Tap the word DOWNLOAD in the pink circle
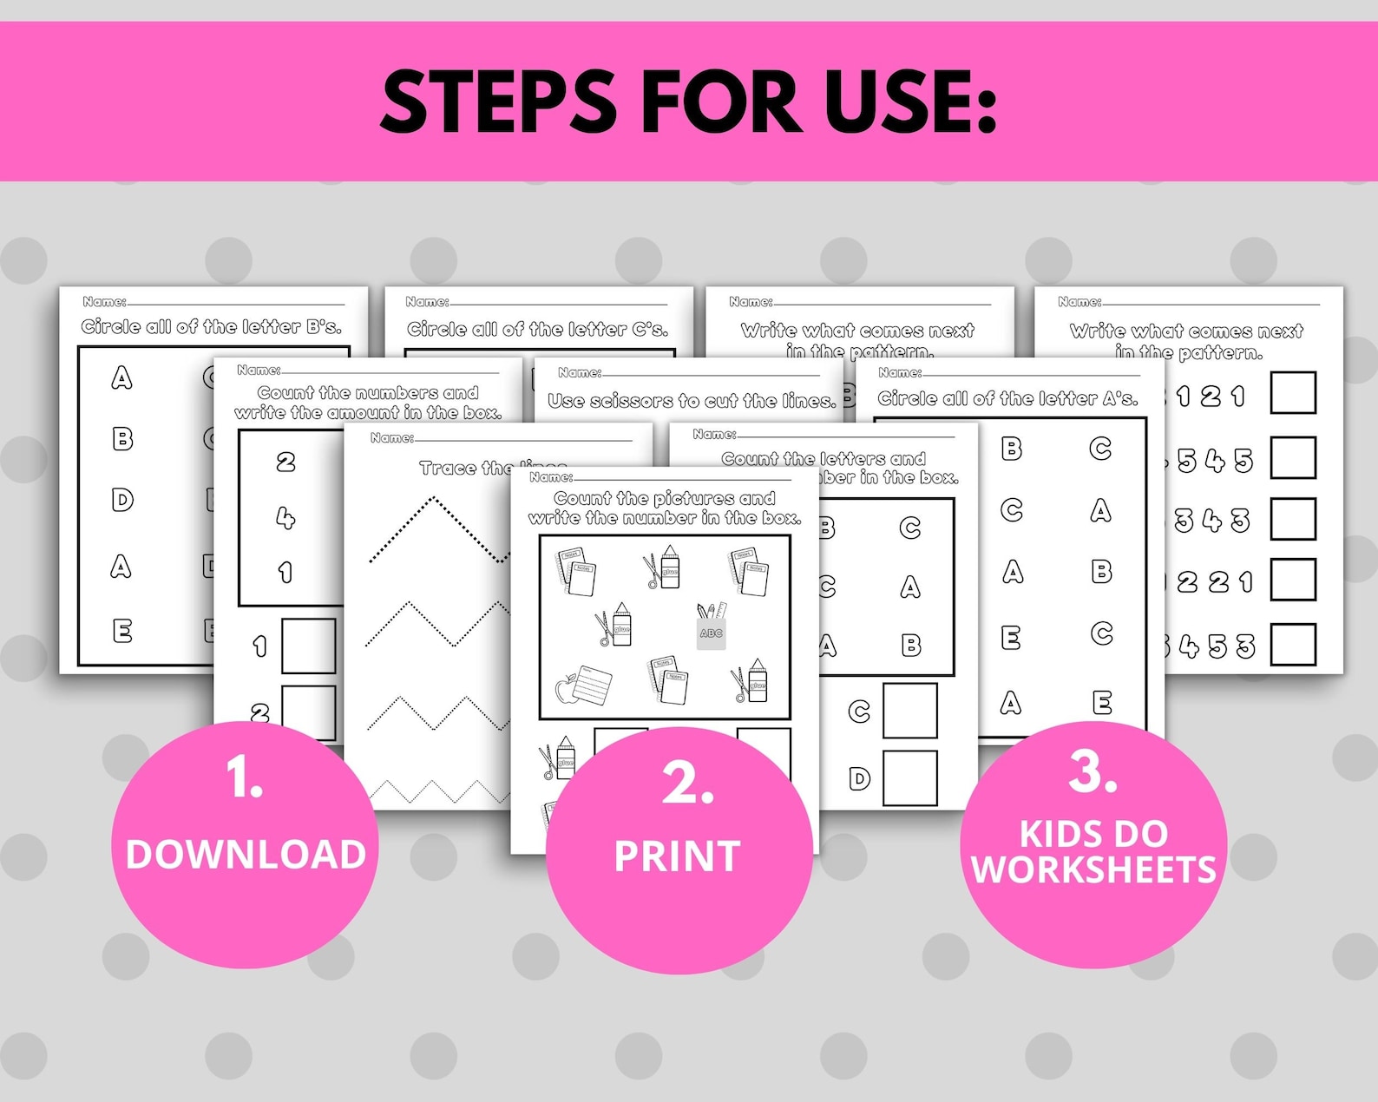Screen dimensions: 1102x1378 pyautogui.click(x=246, y=855)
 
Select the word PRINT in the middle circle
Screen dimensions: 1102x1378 pyautogui.click(x=677, y=856)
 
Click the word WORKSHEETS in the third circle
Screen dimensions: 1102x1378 pyautogui.click(x=1093, y=869)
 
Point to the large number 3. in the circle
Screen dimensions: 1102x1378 pyautogui.click(x=1092, y=771)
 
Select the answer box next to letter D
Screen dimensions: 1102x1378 pyautogui.click(x=909, y=777)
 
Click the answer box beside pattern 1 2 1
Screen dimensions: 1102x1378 pyautogui.click(x=1292, y=392)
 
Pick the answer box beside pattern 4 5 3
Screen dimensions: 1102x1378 pyautogui.click(x=1292, y=644)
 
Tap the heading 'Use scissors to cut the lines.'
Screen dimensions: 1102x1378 pyautogui.click(x=692, y=401)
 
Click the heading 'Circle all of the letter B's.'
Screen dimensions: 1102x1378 pyautogui.click(x=212, y=327)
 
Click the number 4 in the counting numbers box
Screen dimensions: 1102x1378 pyautogui.click(x=285, y=518)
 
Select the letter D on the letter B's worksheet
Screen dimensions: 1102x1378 pyautogui.click(x=122, y=500)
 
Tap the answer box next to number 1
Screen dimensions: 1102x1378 pyautogui.click(x=308, y=646)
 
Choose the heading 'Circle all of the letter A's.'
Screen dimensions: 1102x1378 pyautogui.click(x=1007, y=398)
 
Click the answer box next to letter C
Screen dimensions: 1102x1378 pyautogui.click(x=909, y=711)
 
